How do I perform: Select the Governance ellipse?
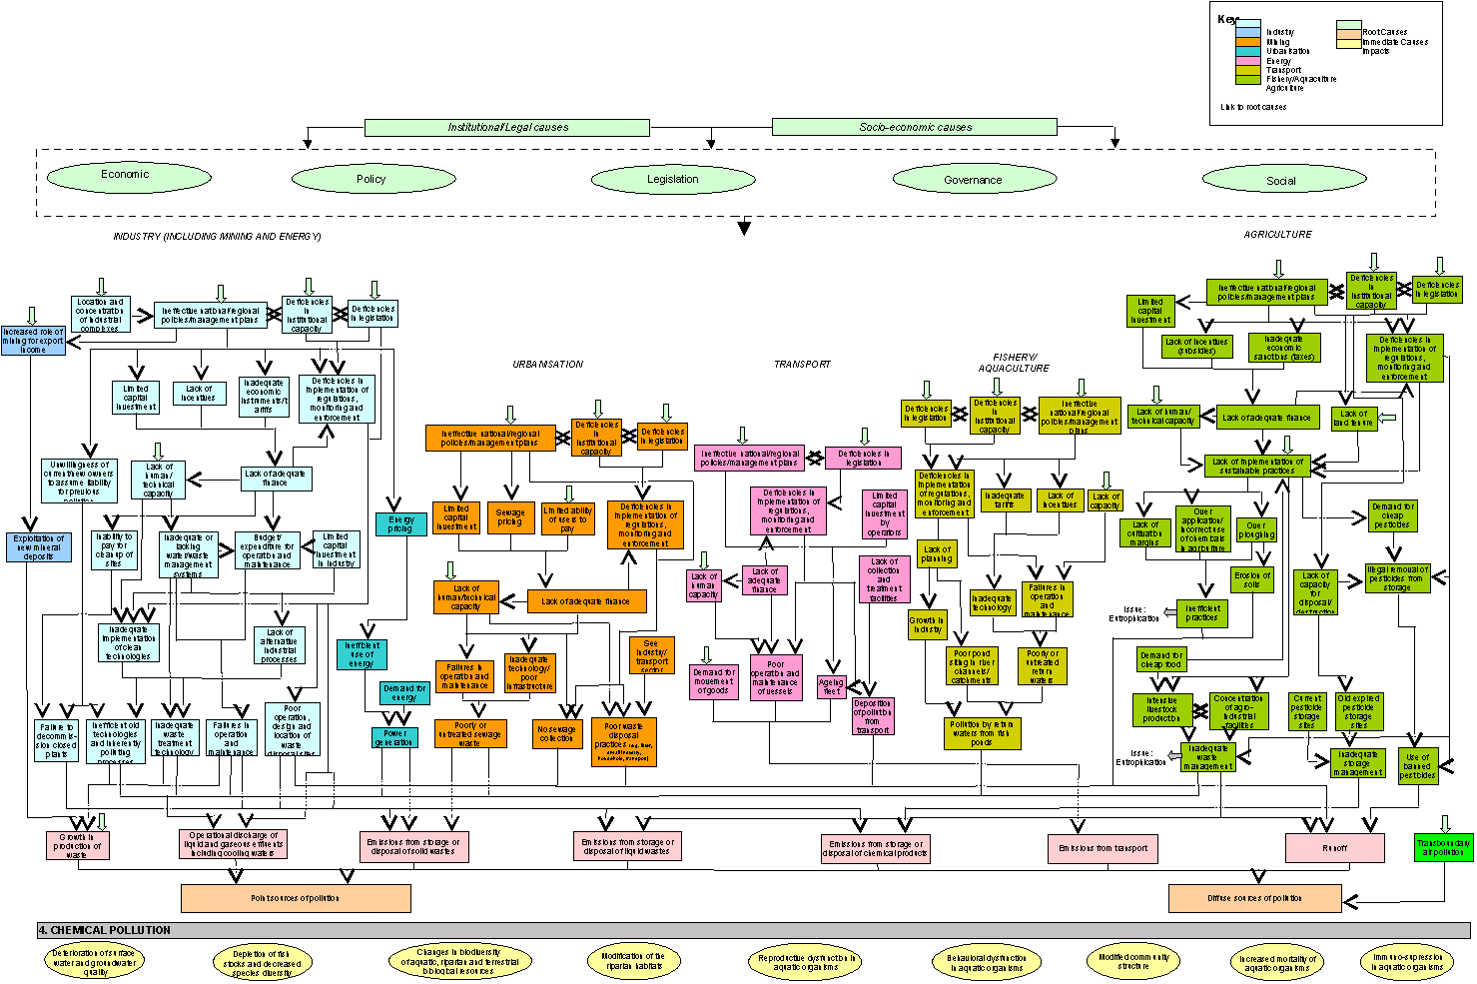[x=973, y=180]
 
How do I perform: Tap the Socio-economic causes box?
[x=914, y=127]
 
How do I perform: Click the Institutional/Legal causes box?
[x=507, y=128]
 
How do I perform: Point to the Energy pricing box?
[x=401, y=523]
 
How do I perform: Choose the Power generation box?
[x=394, y=738]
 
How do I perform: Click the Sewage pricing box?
[x=510, y=517]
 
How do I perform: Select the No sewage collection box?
[x=557, y=734]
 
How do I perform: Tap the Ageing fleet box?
[x=832, y=686]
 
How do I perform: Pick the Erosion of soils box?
[x=1252, y=579]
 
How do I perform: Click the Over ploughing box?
[x=1256, y=530]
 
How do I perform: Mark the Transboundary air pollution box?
[x=1443, y=848]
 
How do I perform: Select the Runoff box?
[x=1334, y=848]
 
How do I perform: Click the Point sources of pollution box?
[x=296, y=898]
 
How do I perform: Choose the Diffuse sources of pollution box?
[x=1254, y=898]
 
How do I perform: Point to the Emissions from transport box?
[x=1103, y=848]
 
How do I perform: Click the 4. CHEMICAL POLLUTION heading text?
[x=105, y=930]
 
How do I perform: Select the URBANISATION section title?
[x=547, y=365]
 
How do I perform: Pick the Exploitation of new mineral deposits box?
[x=39, y=547]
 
